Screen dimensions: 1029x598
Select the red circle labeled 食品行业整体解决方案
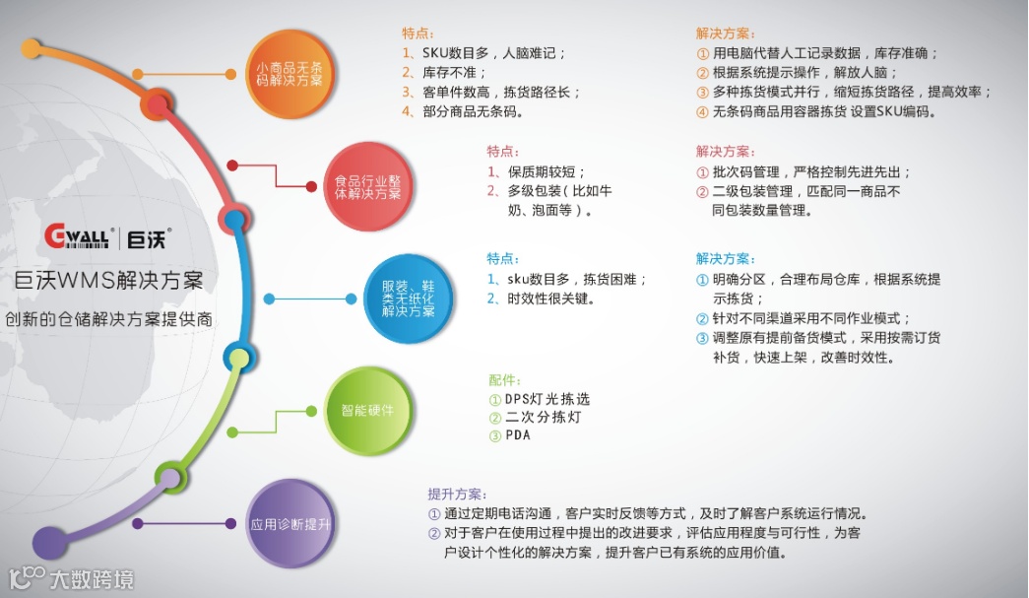pyautogui.click(x=367, y=186)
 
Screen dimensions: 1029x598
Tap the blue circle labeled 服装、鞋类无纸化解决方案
pyautogui.click(x=409, y=297)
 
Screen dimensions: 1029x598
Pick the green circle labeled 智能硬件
pyautogui.click(x=367, y=409)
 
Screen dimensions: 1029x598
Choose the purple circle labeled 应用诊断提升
pyautogui.click(x=290, y=523)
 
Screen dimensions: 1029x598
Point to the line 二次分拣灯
pyautogui.click(x=543, y=417)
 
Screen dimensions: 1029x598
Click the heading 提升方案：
pyautogui.click(x=457, y=494)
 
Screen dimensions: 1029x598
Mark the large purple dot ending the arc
pyautogui.click(x=49, y=543)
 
